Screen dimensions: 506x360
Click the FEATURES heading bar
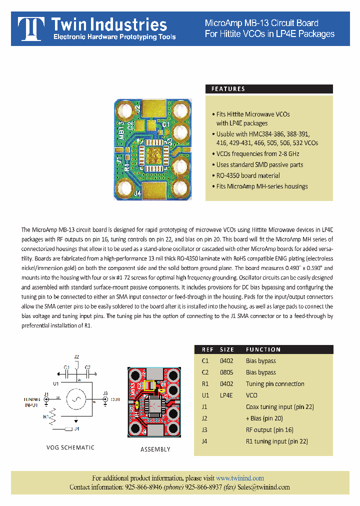269,89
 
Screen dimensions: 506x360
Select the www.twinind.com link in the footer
239,478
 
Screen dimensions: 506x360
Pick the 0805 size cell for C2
227,372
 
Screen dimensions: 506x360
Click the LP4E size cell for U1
226,395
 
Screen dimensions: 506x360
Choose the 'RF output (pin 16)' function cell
269,430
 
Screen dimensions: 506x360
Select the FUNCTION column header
263,349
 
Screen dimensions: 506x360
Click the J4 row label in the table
204,441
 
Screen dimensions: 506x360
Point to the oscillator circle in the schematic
76,398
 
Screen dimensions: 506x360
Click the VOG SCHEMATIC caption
70,447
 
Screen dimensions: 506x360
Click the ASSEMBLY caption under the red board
155,449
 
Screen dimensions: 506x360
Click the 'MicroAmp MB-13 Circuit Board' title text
261,23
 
